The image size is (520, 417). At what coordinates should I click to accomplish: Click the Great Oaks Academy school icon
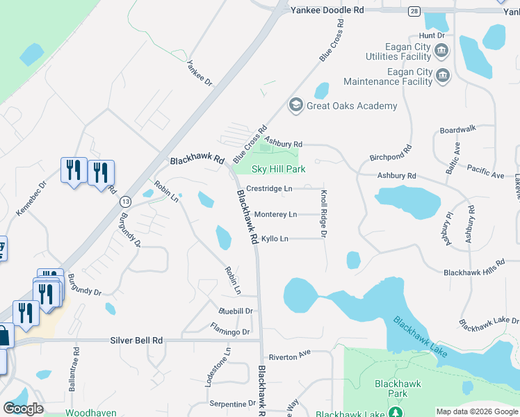(295, 106)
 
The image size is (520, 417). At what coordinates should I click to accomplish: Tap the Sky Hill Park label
(278, 169)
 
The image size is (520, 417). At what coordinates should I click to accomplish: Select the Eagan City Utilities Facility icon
(441, 51)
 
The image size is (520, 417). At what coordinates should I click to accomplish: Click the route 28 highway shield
(414, 11)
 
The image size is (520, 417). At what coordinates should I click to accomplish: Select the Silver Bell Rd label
(136, 341)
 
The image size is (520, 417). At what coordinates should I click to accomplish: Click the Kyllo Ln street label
(274, 239)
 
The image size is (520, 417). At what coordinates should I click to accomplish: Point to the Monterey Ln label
(275, 214)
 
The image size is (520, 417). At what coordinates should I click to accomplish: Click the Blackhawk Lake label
(420, 337)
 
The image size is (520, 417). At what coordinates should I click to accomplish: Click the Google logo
(23, 409)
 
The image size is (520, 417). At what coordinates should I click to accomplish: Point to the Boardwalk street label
(457, 129)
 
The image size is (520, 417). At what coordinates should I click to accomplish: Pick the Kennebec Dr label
(30, 199)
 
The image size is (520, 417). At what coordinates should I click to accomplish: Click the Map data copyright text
(476, 411)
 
